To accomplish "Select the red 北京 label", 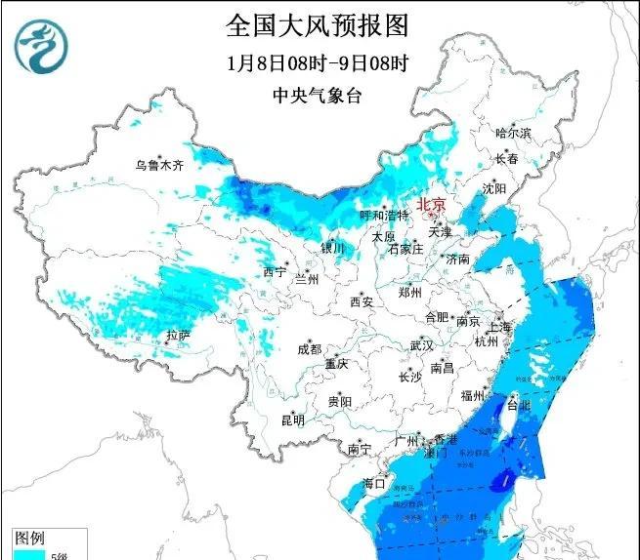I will click(x=431, y=205).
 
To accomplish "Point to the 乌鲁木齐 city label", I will click(x=159, y=166).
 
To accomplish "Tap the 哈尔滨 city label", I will click(x=513, y=133).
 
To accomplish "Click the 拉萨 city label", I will click(x=179, y=336).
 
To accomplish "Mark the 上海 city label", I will click(x=500, y=327).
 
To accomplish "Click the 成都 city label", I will click(x=309, y=349).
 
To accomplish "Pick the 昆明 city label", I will click(x=292, y=420).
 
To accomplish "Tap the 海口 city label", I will click(x=374, y=483).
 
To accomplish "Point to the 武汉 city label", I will click(x=421, y=346).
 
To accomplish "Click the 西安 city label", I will click(x=362, y=302).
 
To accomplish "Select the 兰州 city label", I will click(x=307, y=279).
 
